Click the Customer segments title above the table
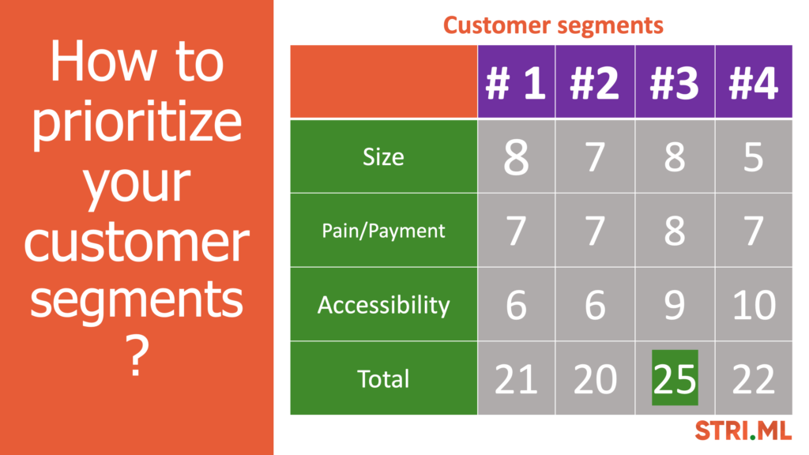point(553,26)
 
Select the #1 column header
point(516,82)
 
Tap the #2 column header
point(594,82)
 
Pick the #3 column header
point(675,82)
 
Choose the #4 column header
point(753,82)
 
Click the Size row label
point(383,157)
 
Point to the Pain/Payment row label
point(383,231)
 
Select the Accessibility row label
point(383,305)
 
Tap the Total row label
point(383,378)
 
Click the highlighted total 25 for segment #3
point(675,378)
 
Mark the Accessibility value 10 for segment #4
point(754,305)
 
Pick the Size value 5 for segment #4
point(753,157)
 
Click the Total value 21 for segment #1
point(516,379)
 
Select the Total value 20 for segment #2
point(595,379)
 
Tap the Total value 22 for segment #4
point(753,379)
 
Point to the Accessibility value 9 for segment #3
point(675,305)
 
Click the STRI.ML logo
point(743,431)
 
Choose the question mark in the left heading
point(136,356)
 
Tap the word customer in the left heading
point(137,242)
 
